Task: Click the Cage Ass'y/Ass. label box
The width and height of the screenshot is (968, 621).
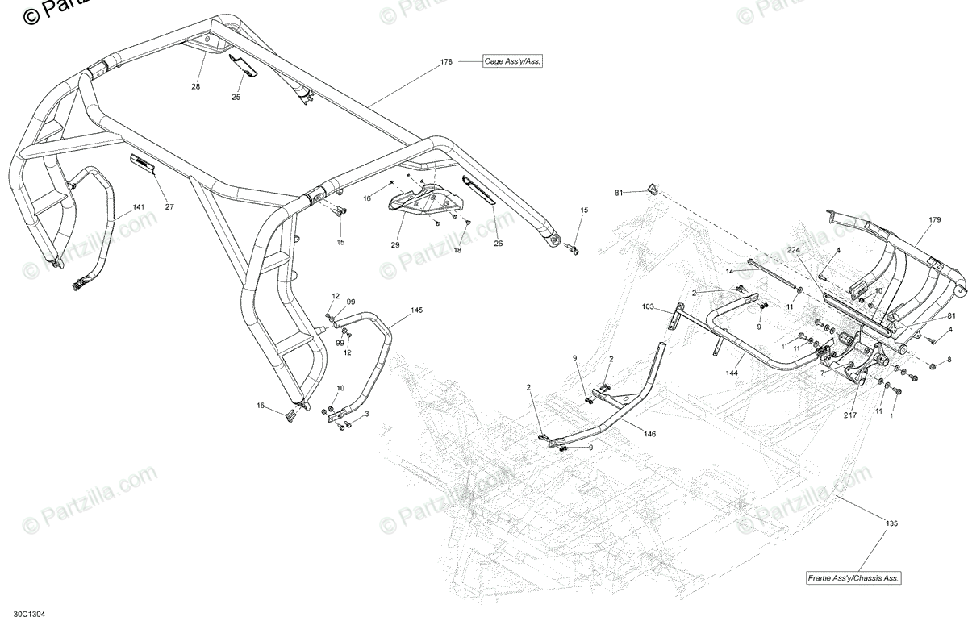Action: [x=512, y=61]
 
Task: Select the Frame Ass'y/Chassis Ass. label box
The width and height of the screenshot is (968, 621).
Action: [x=854, y=578]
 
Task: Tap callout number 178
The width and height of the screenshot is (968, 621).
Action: [x=446, y=61]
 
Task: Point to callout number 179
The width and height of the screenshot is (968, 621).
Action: [x=934, y=220]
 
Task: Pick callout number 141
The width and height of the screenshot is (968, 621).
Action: [x=139, y=208]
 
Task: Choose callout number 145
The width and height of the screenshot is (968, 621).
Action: [x=416, y=310]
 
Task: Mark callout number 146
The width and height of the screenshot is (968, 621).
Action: [x=649, y=434]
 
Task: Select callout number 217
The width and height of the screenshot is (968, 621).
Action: [x=850, y=416]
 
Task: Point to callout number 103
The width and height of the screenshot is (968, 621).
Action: [x=648, y=307]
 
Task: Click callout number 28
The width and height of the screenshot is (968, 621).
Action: [x=195, y=86]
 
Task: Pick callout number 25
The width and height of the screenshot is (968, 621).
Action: [x=236, y=97]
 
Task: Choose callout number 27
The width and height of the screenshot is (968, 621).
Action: [x=169, y=206]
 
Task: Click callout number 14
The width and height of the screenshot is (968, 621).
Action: [x=728, y=272]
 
